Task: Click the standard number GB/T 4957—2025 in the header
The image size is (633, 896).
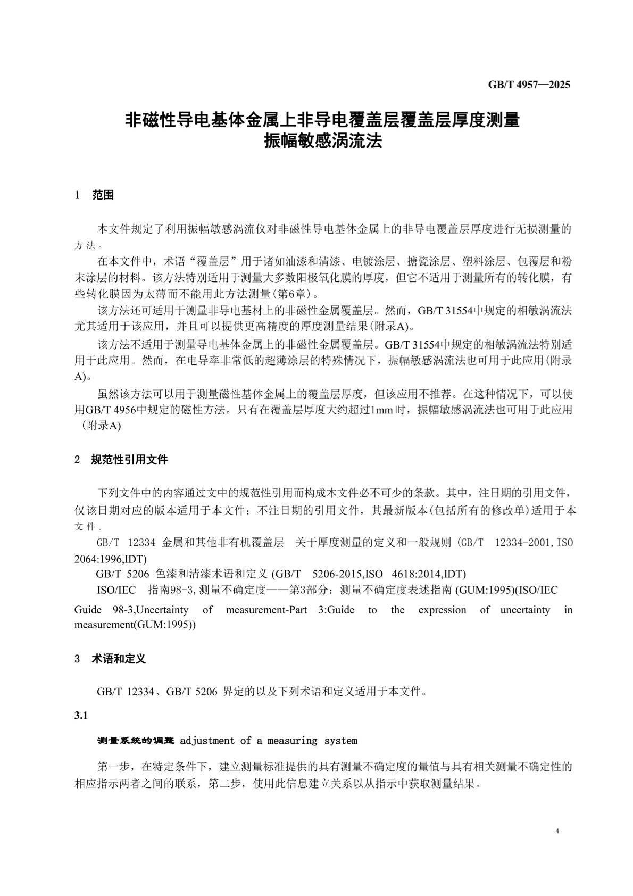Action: pyautogui.click(x=529, y=85)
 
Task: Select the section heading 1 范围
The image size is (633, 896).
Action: pyautogui.click(x=95, y=195)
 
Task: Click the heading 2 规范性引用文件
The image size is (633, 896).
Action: pyautogui.click(x=121, y=459)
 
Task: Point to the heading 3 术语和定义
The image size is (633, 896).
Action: pyautogui.click(x=110, y=659)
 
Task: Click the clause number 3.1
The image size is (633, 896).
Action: pyautogui.click(x=81, y=715)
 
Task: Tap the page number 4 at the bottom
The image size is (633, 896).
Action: pyautogui.click(x=557, y=831)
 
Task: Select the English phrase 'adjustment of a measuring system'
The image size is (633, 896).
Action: pyautogui.click(x=269, y=741)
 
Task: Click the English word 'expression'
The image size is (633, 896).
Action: pyautogui.click(x=442, y=610)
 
